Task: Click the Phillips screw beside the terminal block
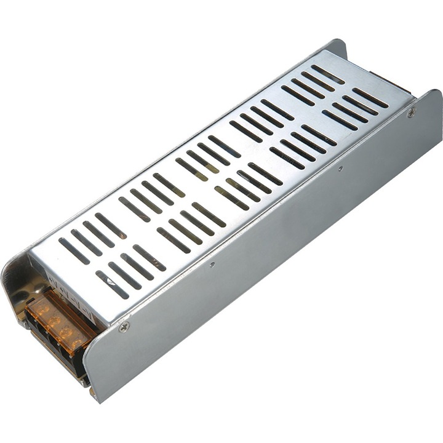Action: point(124,327)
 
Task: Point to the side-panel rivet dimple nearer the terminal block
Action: point(212,265)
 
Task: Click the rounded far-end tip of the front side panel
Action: point(434,98)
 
